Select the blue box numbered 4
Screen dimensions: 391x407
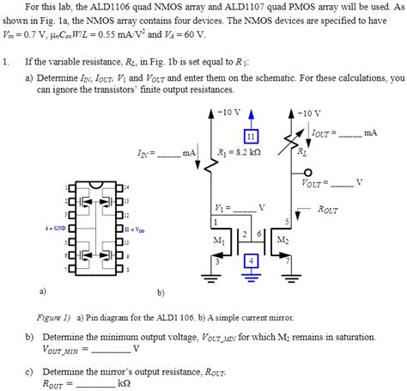pyautogui.click(x=251, y=260)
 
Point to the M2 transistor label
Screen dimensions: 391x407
pyautogui.click(x=282, y=241)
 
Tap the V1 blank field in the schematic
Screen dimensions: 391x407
pyautogui.click(x=244, y=209)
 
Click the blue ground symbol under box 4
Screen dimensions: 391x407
pyautogui.click(x=251, y=278)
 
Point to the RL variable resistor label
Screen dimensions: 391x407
pyautogui.click(x=301, y=153)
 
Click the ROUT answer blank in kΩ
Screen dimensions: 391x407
pyautogui.click(x=95, y=384)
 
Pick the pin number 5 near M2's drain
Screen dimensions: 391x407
pyautogui.click(x=286, y=221)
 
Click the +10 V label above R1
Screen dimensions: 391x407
pyautogui.click(x=228, y=113)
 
